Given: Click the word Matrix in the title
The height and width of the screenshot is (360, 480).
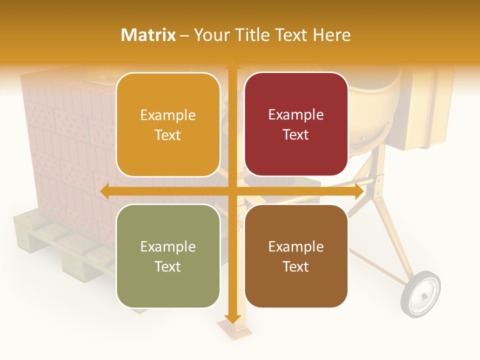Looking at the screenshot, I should pos(148,35).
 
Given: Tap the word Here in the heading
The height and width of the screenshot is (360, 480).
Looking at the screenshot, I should pos(331,35).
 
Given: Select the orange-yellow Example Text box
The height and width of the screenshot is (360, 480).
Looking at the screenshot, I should pos(168,125).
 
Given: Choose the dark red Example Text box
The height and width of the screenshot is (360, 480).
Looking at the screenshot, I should pos(296,124).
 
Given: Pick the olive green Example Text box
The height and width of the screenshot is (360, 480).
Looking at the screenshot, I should pos(168,256).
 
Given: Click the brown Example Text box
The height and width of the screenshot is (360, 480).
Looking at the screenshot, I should pos(296,256).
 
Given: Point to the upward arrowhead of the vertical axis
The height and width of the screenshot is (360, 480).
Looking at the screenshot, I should pos(232,65).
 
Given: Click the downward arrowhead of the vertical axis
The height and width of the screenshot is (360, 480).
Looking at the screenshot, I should pos(232,318).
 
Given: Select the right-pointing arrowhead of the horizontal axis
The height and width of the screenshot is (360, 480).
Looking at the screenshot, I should pos(358,191).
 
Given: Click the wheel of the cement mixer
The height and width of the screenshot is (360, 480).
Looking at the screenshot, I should pos(420,293).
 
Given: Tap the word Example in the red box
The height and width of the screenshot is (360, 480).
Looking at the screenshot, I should pos(296,115).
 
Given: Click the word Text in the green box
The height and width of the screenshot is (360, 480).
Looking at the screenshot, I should pos(168,266).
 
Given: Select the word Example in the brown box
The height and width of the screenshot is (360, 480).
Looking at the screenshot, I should pos(296,246).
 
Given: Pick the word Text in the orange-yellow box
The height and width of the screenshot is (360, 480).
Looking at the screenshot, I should pos(168,135).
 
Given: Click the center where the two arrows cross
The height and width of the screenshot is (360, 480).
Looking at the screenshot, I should pos(232,191).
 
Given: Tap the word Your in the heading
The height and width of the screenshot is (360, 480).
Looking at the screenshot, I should pos(212,35).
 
